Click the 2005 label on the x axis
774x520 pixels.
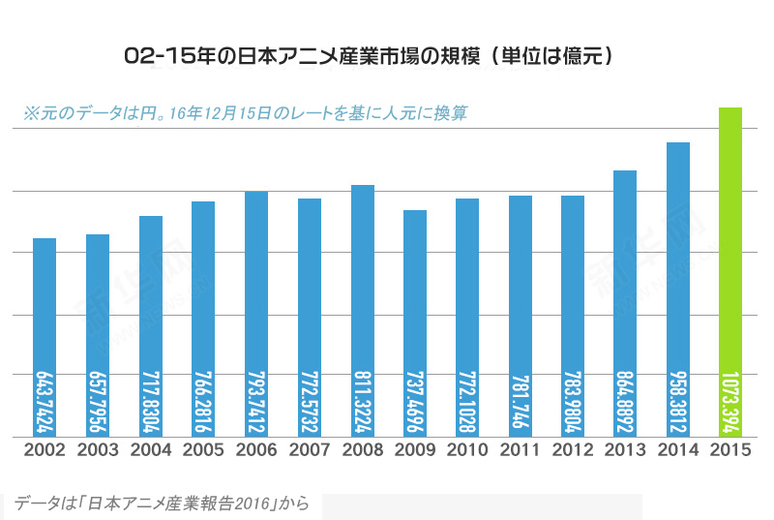click(203, 450)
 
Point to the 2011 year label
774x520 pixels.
click(521, 450)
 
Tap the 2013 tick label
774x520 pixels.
click(626, 450)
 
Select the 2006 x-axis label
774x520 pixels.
click(256, 450)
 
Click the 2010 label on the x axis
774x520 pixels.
click(467, 450)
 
